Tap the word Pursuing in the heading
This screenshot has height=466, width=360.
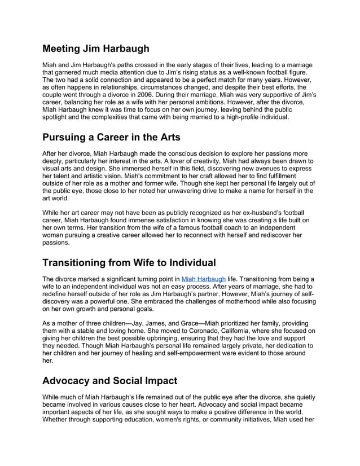(69, 137)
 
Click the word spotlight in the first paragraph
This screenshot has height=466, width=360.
(56, 117)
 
